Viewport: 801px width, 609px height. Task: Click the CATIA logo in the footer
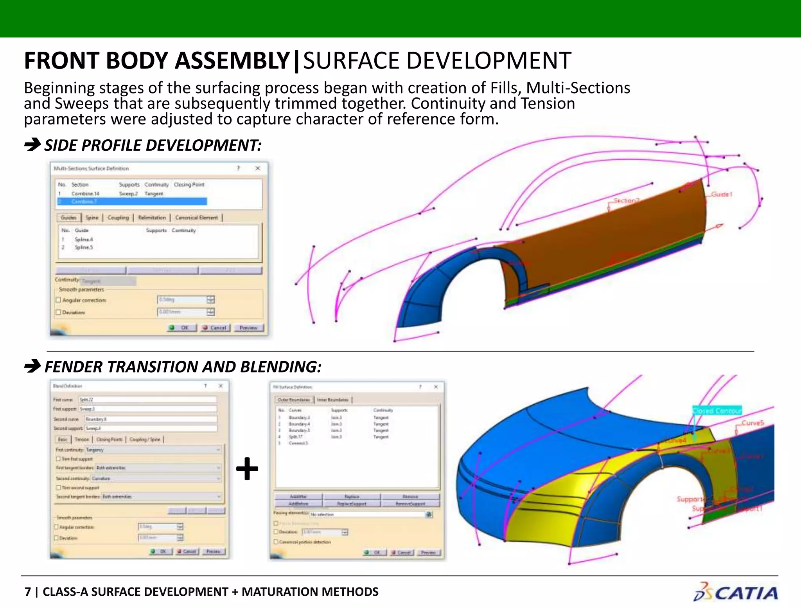tap(735, 592)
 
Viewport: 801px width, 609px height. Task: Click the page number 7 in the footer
tap(27, 591)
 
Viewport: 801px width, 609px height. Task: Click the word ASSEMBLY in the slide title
tap(232, 61)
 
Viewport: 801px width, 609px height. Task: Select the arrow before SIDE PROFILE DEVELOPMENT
tap(32, 145)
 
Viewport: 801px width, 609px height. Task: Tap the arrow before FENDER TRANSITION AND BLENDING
tap(32, 367)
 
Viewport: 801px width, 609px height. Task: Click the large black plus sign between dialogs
tap(247, 468)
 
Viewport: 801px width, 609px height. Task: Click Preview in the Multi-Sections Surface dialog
tap(249, 328)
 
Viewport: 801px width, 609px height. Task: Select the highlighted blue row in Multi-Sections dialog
tap(132, 202)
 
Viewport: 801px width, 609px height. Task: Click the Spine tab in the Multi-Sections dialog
tap(92, 218)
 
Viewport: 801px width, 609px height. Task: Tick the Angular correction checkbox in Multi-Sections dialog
tap(58, 300)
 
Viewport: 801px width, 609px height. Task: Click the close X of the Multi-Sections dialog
tap(258, 168)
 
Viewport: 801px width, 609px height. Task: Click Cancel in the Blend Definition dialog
tap(187, 551)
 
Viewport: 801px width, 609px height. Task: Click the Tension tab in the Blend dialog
tap(82, 440)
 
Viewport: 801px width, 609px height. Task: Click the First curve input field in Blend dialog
tap(147, 400)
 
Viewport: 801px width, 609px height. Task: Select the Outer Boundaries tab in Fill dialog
tap(294, 400)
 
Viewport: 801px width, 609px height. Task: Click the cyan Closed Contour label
tap(717, 411)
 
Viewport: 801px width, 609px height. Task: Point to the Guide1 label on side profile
tap(721, 195)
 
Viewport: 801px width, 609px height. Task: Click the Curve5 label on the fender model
tap(753, 423)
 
